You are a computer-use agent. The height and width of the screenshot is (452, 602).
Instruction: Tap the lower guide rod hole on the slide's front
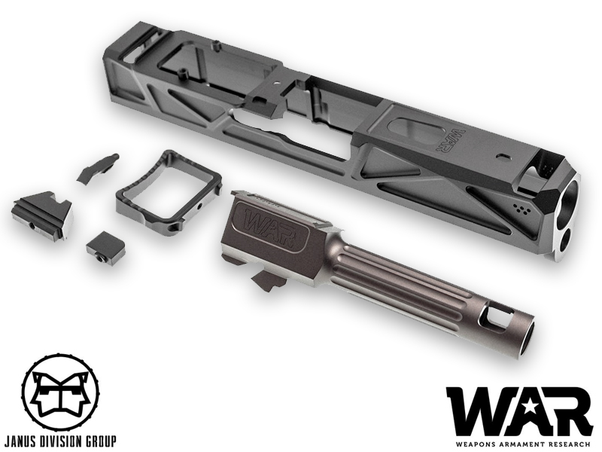(x=565, y=241)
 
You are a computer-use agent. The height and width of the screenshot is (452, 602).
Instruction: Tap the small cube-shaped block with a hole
(x=104, y=247)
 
